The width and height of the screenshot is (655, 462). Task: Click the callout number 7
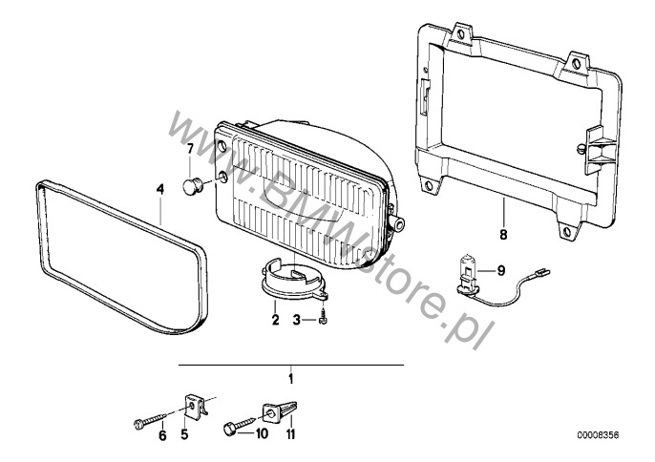point(190,148)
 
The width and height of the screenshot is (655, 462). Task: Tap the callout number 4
point(160,189)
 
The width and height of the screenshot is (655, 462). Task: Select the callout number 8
point(503,235)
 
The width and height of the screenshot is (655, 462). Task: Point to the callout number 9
point(501,271)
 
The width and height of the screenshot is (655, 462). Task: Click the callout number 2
point(275,320)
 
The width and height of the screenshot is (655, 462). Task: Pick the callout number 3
point(297,321)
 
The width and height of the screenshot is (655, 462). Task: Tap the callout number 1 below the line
point(291,379)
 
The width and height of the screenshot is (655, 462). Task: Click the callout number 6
point(162,435)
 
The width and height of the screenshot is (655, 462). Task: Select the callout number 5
point(184,434)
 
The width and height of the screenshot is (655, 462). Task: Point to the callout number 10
point(261,434)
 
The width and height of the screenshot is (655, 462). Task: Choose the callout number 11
point(290,434)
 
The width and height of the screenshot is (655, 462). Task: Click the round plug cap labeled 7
point(193,185)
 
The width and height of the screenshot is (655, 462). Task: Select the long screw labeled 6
point(150,419)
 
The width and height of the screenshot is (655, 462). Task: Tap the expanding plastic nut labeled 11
point(279,411)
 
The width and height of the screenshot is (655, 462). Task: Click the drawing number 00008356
point(598,435)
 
